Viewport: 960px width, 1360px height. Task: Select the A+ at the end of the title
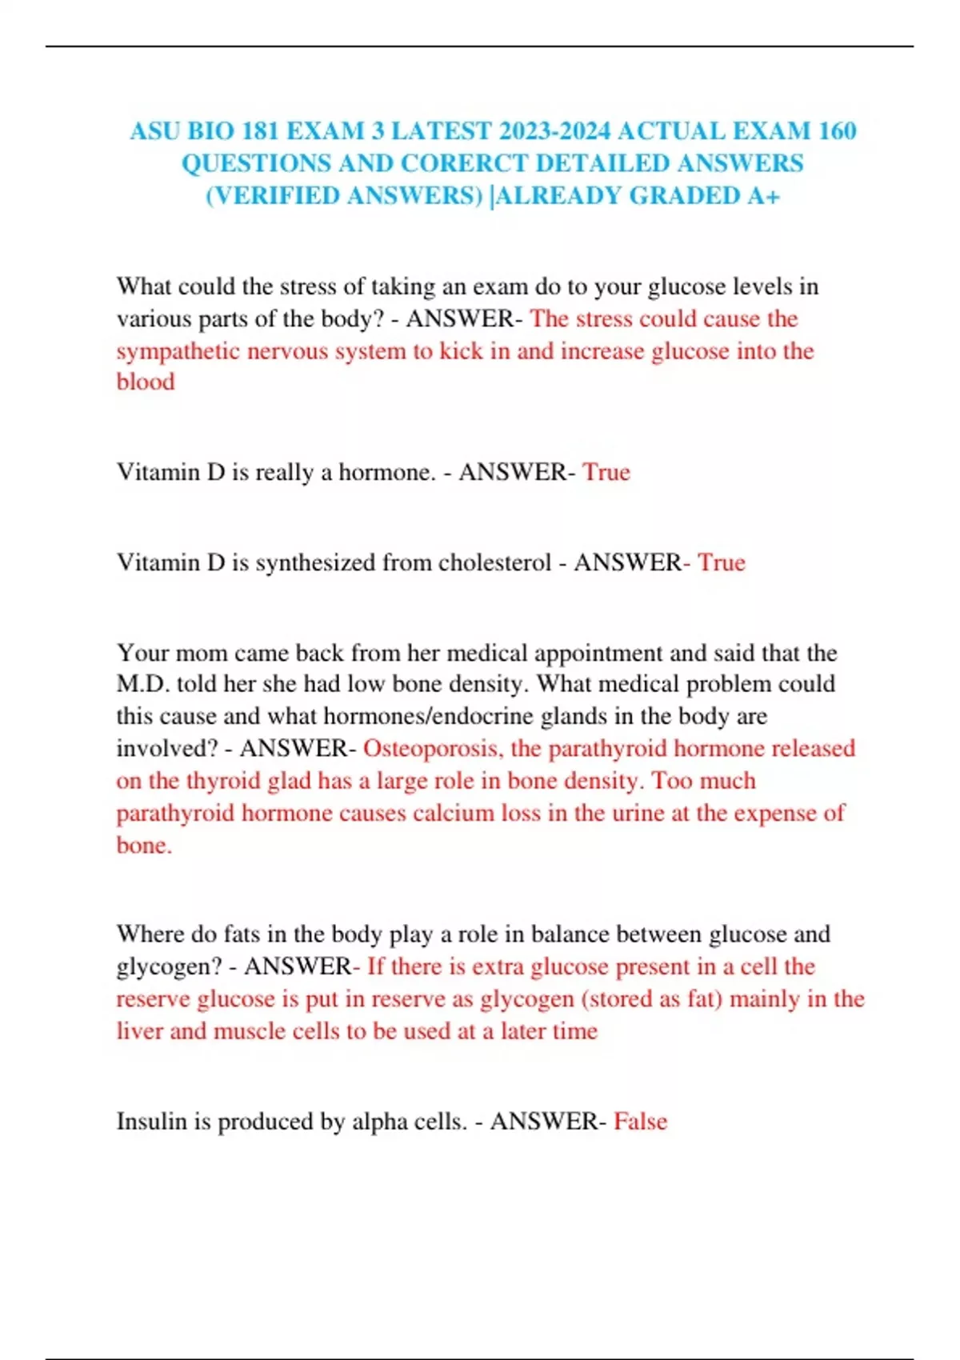[763, 196]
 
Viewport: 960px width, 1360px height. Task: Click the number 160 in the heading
[837, 130]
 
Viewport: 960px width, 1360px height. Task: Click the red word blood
[146, 382]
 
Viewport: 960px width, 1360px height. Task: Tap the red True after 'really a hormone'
[606, 472]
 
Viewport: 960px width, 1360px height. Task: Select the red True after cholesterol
[722, 562]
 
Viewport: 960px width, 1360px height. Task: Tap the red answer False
[641, 1122]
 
